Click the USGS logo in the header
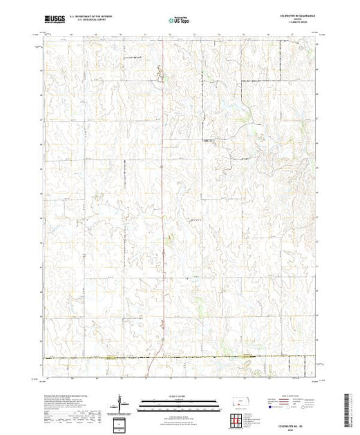(x=55, y=21)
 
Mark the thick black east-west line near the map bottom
(x=180, y=358)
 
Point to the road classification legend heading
(x=290, y=394)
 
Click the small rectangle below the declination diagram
(x=124, y=422)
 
